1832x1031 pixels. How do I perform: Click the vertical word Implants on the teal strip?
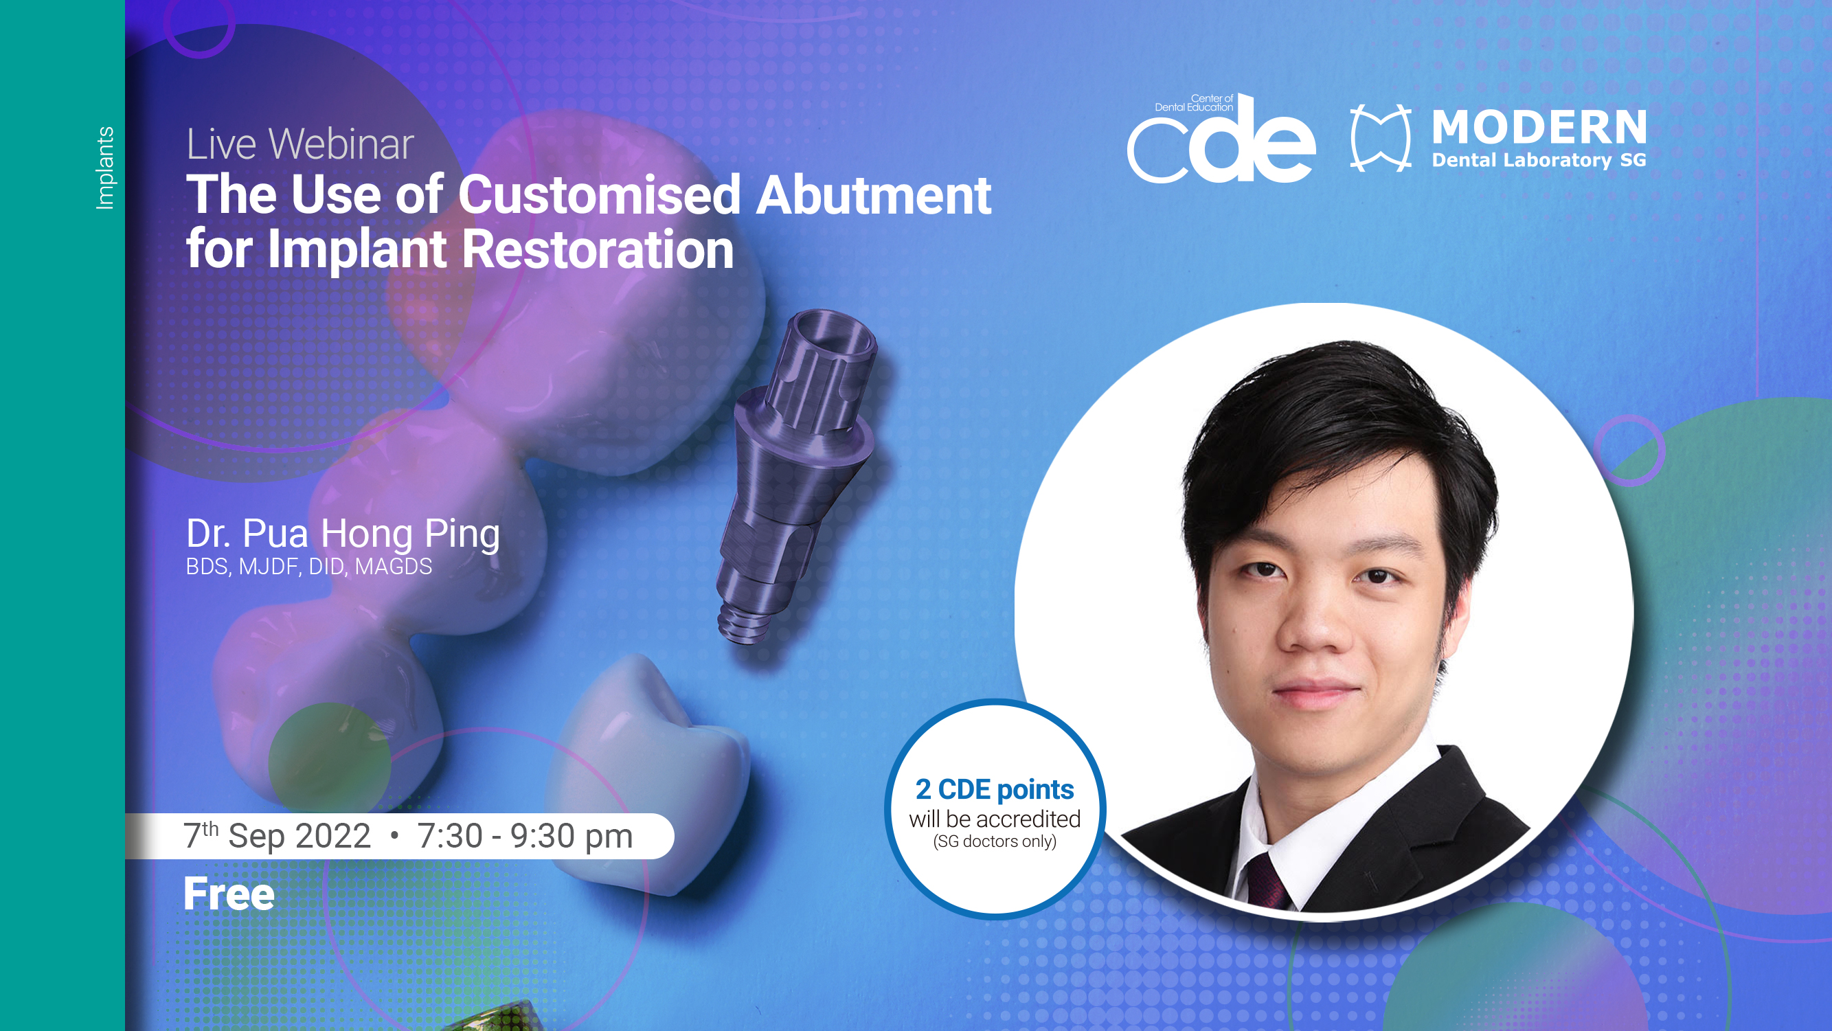104,168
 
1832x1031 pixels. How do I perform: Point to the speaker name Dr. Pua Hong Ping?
343,534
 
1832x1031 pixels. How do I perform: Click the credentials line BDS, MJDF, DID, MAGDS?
308,567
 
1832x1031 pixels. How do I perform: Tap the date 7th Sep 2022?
278,835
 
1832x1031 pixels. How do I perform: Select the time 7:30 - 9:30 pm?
525,836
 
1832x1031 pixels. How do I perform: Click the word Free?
229,894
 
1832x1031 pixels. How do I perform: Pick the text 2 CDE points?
994,790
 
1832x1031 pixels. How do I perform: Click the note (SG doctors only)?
994,841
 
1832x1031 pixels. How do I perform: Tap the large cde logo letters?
1221,140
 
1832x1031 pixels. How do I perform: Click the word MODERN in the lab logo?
1539,127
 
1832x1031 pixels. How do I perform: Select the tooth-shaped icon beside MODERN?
1381,137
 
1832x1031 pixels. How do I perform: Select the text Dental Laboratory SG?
1539,161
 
